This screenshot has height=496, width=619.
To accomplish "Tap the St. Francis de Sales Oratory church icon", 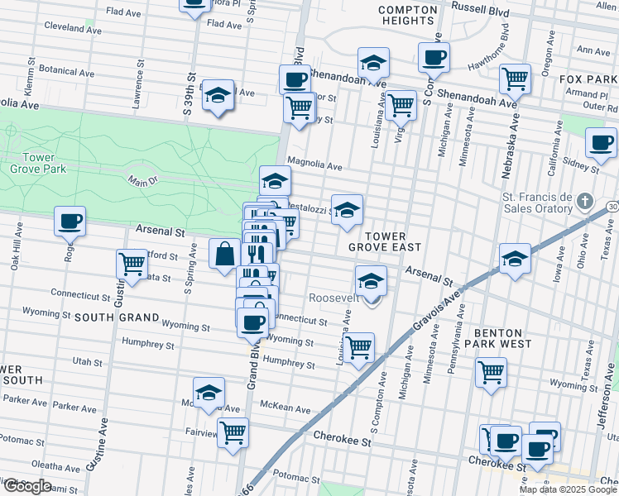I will coord(585,202).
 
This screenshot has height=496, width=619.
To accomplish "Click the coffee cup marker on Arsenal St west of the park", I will coord(70,222).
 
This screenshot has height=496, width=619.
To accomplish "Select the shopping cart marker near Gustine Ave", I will coord(132,265).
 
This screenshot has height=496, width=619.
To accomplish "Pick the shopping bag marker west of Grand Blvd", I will coord(225,254).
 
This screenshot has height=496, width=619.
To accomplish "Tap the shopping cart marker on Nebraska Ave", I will coord(515,79).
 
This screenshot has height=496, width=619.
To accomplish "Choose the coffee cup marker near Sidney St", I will coord(601,142).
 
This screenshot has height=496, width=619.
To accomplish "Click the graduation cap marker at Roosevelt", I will coord(371,281).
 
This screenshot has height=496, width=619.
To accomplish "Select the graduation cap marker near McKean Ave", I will coord(209,392).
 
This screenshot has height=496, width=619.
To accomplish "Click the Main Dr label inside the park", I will coord(142,179).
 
